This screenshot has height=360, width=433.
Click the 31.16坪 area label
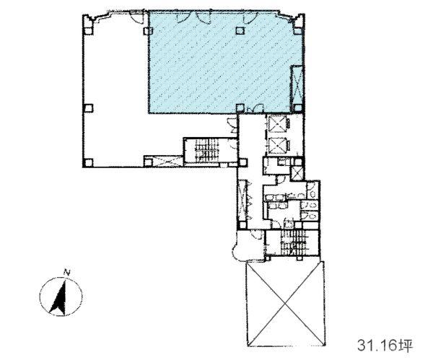(385, 345)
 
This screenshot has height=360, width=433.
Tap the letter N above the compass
(66, 272)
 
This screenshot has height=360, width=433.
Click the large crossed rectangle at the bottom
(285, 304)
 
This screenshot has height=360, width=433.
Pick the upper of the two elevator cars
(277, 123)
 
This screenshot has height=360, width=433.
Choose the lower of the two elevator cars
(277, 145)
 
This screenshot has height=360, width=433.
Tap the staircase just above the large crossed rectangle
(293, 242)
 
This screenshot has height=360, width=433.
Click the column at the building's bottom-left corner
(88, 162)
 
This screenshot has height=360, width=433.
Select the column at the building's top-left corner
(88, 30)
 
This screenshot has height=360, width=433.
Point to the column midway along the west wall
(88, 108)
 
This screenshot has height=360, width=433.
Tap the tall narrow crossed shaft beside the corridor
(242, 200)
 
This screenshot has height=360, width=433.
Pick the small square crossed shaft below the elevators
(297, 173)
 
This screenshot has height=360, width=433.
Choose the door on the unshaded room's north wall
(136, 17)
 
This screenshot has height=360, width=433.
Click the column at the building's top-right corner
(298, 30)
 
